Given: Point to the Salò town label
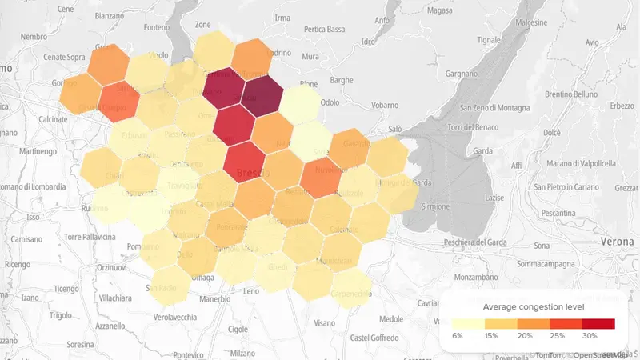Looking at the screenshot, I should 394,128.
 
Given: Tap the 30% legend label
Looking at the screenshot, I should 591,335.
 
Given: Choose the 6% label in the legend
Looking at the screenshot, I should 458,335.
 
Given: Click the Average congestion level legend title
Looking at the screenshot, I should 534,307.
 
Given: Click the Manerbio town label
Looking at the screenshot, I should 214,299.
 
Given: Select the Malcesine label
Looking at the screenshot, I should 558,25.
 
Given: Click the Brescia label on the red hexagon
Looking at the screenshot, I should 254,173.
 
